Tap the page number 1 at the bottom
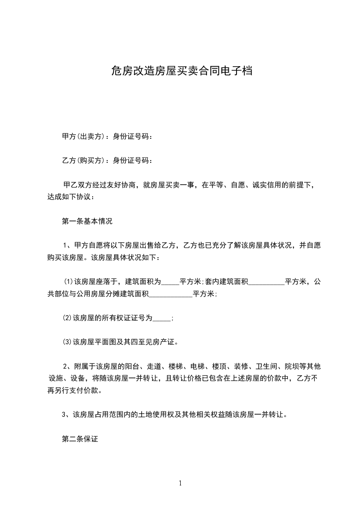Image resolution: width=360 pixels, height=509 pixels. point(180,483)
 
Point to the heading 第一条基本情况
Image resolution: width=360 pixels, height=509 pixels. point(87,222)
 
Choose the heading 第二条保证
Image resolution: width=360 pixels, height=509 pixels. point(80,439)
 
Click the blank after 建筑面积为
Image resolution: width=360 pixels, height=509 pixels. point(170,282)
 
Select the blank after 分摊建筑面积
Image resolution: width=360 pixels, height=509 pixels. point(171,294)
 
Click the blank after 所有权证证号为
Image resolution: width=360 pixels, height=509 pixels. point(162,318)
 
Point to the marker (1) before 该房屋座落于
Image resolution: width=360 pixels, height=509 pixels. point(67,282)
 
